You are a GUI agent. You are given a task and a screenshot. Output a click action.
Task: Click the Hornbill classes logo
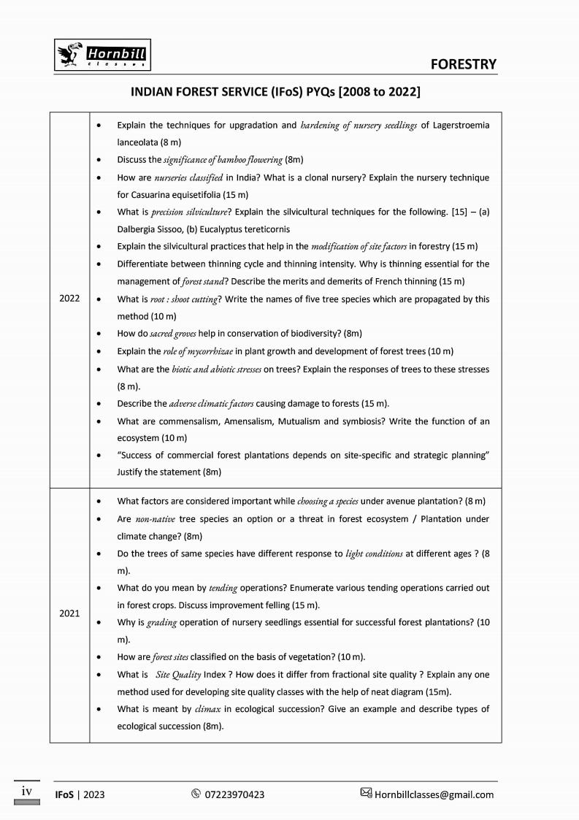(104, 55)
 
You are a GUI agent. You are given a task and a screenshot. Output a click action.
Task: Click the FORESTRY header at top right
(464, 64)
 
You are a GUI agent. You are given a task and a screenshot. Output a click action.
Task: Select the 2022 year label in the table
(69, 299)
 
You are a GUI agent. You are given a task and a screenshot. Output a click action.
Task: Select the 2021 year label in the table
(69, 613)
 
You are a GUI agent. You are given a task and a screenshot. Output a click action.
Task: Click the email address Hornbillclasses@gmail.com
(434, 794)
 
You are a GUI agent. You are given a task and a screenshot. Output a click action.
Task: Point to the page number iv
(26, 790)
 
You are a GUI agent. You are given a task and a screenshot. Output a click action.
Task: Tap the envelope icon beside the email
(366, 794)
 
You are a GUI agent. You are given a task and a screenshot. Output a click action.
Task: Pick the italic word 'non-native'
(154, 518)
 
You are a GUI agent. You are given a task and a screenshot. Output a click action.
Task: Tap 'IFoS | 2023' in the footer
(80, 794)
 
